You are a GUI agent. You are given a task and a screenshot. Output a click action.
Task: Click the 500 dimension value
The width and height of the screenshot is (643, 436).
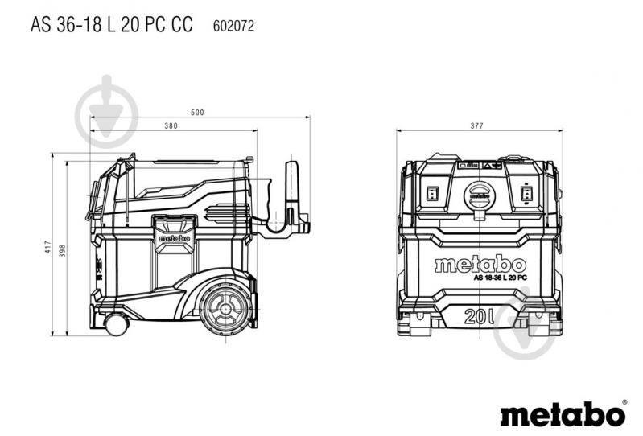tap(197, 113)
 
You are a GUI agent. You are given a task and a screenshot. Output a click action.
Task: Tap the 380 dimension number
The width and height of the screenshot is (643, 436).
tap(171, 125)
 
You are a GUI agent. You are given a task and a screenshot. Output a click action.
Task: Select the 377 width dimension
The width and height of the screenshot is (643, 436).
tap(477, 125)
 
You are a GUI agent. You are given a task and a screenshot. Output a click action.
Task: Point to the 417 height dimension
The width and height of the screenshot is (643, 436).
tap(48, 247)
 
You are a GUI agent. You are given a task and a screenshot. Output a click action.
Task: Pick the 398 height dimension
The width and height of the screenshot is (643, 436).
tap(62, 251)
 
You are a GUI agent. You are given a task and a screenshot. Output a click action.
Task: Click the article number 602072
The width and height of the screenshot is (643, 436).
tap(233, 26)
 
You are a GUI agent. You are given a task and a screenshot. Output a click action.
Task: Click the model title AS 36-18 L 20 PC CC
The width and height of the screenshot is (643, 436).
tap(112, 24)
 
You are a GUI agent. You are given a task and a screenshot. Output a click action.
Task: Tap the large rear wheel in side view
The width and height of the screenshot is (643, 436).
tap(226, 307)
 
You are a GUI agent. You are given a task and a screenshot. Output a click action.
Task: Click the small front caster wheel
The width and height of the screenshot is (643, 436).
tap(117, 324)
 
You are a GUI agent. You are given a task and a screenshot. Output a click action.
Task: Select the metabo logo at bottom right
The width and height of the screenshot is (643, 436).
tap(563, 413)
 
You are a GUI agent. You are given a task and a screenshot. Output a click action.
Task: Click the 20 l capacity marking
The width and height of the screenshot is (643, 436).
tap(479, 316)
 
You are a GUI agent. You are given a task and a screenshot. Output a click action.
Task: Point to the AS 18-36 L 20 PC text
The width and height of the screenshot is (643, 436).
tap(501, 278)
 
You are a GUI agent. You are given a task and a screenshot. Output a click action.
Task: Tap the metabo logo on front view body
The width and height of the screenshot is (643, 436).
tap(480, 265)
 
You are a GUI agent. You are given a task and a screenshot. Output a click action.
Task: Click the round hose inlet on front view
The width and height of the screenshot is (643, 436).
tap(480, 195)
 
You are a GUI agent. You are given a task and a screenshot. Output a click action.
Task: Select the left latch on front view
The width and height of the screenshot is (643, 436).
tap(432, 193)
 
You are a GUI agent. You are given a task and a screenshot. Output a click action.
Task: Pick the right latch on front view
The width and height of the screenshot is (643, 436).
tap(526, 193)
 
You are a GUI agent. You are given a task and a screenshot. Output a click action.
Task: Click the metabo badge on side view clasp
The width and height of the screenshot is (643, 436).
tap(175, 238)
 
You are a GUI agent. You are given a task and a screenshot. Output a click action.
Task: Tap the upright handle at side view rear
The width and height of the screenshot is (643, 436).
tap(291, 192)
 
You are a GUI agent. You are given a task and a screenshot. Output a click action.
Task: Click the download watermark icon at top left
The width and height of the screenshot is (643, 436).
tap(106, 112)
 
